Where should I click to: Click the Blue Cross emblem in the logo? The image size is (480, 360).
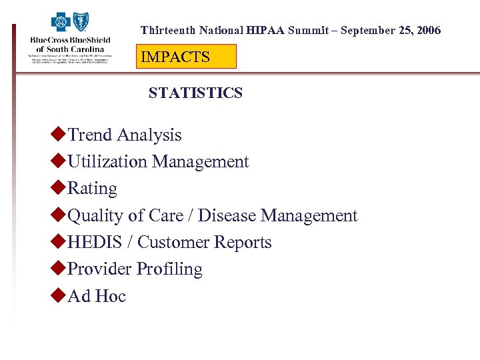[x=61, y=23]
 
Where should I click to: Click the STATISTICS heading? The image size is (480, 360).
[x=195, y=93]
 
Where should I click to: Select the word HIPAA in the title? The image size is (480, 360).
[x=265, y=31]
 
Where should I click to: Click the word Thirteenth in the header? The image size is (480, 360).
[x=167, y=31]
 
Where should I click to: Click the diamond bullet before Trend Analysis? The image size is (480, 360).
[x=58, y=134]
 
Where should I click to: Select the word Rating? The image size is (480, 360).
[x=92, y=189]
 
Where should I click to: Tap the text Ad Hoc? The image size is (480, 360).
[x=97, y=296]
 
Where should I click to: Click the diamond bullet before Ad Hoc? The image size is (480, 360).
[x=58, y=295]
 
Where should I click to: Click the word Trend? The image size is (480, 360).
[x=90, y=135]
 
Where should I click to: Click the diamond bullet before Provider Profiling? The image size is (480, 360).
[x=58, y=268]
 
